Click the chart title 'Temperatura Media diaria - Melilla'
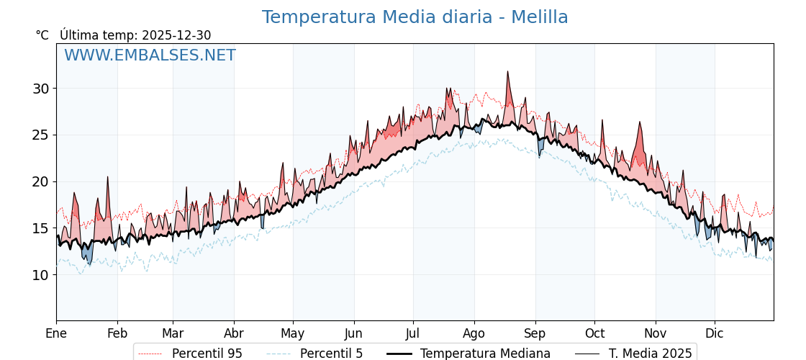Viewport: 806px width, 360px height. click(x=415, y=17)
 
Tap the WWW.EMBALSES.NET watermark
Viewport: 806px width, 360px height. click(x=150, y=55)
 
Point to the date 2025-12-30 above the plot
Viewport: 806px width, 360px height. click(x=176, y=35)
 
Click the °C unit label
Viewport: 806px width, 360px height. click(x=42, y=35)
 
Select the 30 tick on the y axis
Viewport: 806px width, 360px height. click(x=40, y=89)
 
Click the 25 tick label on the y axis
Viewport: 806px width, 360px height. click(x=40, y=135)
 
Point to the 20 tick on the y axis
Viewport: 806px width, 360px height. click(x=40, y=181)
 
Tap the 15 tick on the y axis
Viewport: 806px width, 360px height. click(x=40, y=228)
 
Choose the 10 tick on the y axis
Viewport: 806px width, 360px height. click(x=40, y=275)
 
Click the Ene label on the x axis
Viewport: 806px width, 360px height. click(x=56, y=333)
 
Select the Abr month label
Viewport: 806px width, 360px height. click(x=234, y=333)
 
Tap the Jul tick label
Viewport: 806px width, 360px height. click(x=413, y=333)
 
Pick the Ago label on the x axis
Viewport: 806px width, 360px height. click(x=474, y=333)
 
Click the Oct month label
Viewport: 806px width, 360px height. click(x=594, y=333)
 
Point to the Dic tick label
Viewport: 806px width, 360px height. click(x=715, y=333)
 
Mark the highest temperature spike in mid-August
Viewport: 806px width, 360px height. click(x=507, y=72)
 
